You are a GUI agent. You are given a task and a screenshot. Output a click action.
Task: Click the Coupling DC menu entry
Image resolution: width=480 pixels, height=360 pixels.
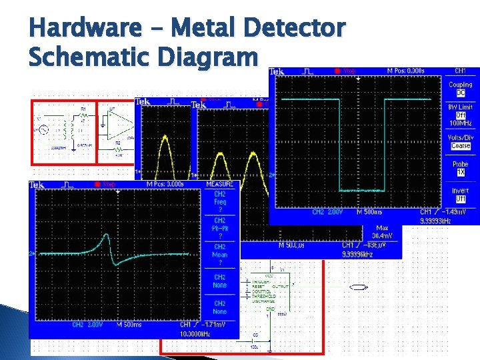[x=460, y=89]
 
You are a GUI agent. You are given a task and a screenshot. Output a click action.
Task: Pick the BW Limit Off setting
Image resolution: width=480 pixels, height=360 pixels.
[x=460, y=115]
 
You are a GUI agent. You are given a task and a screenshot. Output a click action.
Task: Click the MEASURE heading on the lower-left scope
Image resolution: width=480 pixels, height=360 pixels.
[x=220, y=184]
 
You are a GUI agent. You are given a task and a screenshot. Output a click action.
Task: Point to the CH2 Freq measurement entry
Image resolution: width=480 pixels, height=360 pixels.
[x=220, y=201]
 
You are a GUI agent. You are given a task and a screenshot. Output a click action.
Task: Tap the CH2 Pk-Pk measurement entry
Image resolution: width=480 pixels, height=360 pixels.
[x=220, y=228]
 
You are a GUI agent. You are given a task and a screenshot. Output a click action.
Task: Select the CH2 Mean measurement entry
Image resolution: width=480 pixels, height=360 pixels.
[x=220, y=255]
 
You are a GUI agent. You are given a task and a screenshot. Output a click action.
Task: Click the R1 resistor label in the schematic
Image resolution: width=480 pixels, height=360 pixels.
[x=83, y=108]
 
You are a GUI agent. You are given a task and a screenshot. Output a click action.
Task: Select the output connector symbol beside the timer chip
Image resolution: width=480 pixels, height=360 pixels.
[x=358, y=287]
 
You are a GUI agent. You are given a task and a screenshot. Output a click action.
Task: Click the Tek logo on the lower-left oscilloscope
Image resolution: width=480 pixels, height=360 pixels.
[x=37, y=185]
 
